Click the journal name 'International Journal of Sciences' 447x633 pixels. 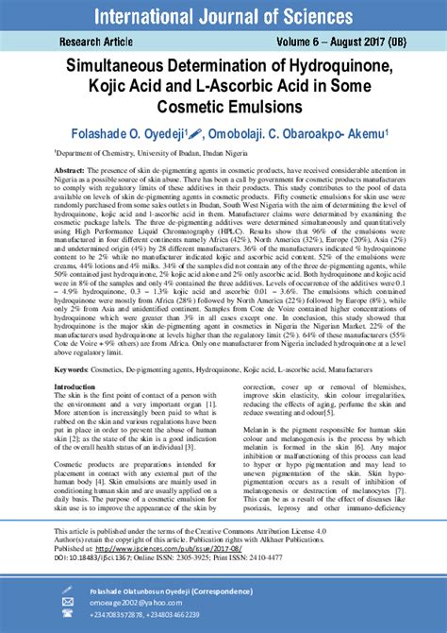(223, 15)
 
